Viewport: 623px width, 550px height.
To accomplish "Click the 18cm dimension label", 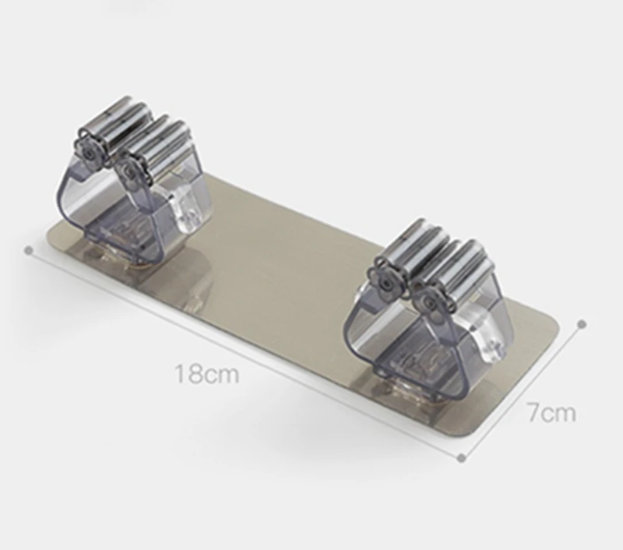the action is point(206,374).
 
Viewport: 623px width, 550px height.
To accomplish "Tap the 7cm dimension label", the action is point(551,412).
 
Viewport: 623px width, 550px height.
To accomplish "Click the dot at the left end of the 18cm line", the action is point(28,250).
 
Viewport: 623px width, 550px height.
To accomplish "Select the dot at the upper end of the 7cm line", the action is point(582,324).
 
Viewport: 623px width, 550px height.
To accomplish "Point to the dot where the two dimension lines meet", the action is point(461,458).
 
